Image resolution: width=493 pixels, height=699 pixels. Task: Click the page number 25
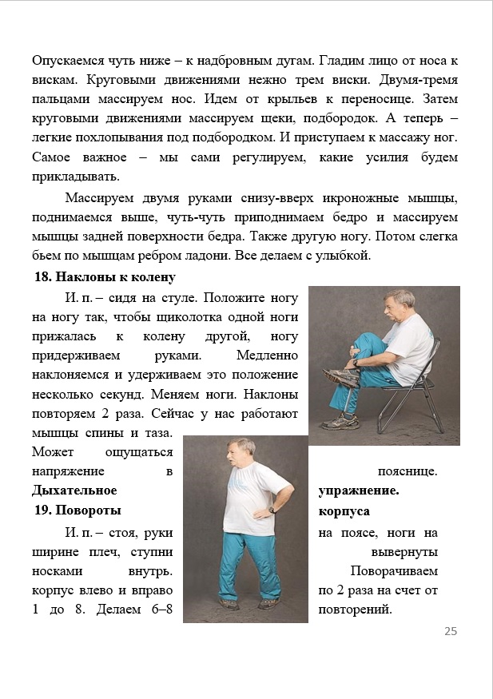click(451, 631)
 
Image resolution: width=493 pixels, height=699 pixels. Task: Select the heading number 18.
click(42, 277)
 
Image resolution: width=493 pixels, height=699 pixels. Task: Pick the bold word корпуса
click(344, 510)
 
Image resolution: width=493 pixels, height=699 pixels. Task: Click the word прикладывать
click(76, 176)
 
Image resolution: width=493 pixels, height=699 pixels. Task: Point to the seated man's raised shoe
click(339, 376)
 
